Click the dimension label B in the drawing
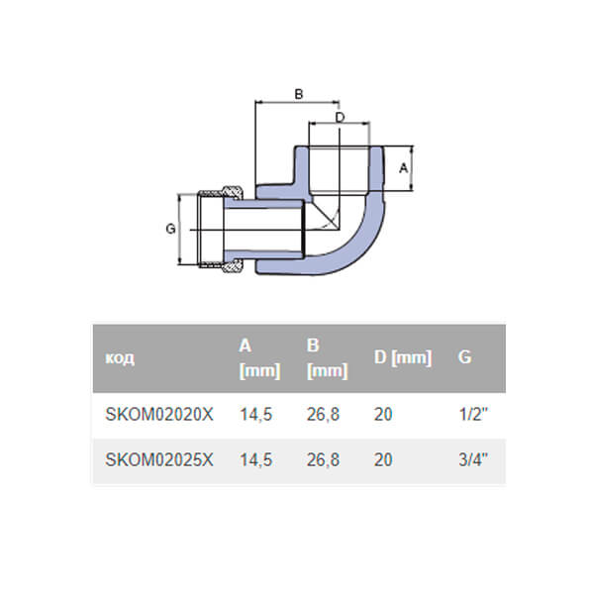click(298, 94)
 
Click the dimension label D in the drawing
click(340, 117)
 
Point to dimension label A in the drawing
click(403, 168)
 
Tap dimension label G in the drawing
click(170, 229)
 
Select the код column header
click(120, 357)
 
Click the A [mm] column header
click(259, 357)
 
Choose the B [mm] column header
click(327, 357)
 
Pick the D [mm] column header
click(403, 357)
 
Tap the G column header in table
click(464, 357)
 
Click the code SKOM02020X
click(158, 415)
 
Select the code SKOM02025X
click(158, 460)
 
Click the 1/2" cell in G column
click(473, 415)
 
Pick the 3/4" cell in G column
click(473, 460)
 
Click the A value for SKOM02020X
click(256, 415)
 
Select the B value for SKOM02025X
click(324, 460)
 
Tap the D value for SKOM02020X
click(383, 415)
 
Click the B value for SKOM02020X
click(324, 415)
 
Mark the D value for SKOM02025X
click(383, 460)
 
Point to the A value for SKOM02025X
click(256, 460)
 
